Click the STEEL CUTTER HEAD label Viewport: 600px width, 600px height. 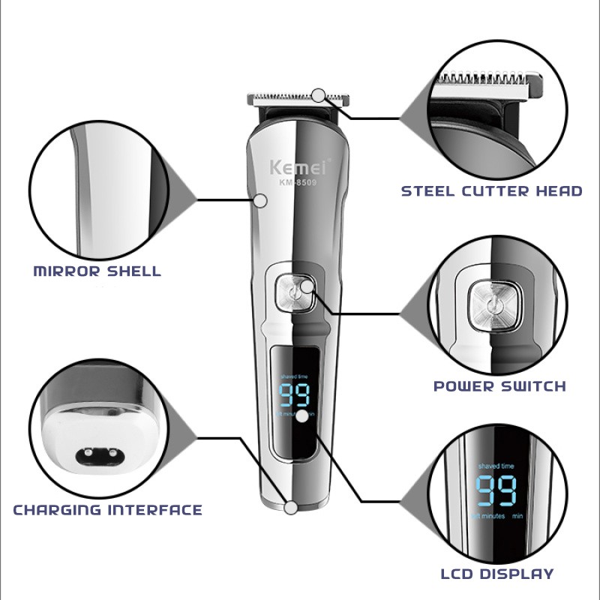(x=491, y=190)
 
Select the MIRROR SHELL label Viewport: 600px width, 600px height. (x=97, y=271)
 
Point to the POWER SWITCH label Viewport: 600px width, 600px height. (x=499, y=386)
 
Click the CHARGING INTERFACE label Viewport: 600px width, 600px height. (x=107, y=510)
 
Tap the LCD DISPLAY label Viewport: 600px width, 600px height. (x=497, y=574)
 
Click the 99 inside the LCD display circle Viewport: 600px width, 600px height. (x=496, y=490)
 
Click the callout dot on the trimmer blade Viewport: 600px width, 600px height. (x=319, y=95)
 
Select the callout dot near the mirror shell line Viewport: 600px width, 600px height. (x=261, y=200)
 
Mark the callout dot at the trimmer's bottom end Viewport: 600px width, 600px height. (x=291, y=507)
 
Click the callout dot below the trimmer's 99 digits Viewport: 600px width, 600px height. (x=302, y=416)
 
